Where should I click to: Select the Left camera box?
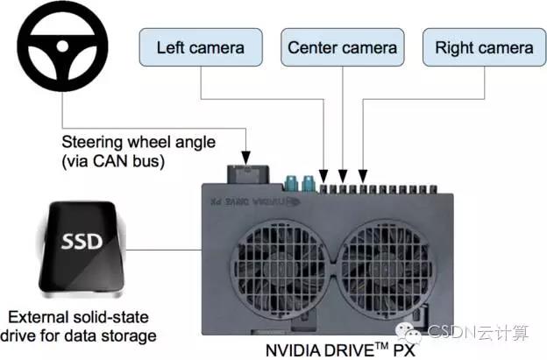click(201, 47)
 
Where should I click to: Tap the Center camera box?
click(342, 47)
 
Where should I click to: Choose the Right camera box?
click(483, 47)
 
